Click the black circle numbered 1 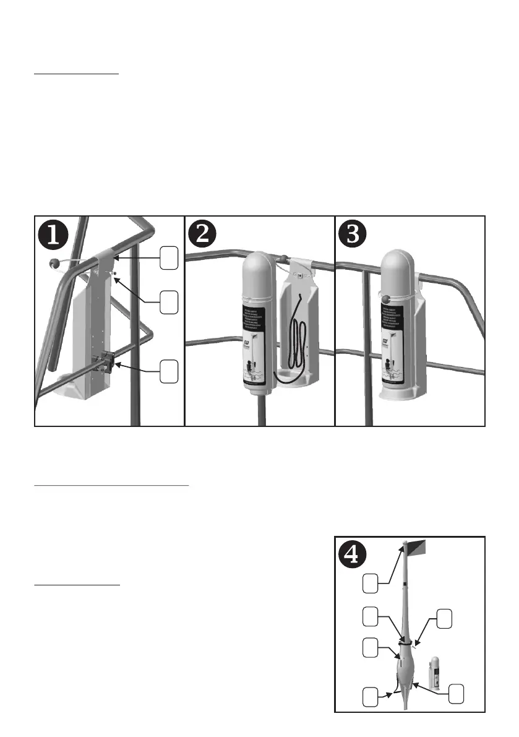coord(54,236)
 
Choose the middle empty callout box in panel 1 coord(169,303)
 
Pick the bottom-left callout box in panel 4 coord(371,696)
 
